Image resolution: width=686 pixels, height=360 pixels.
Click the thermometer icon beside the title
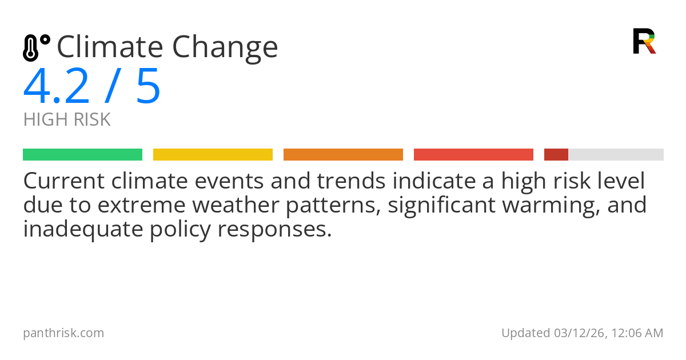coord(36,48)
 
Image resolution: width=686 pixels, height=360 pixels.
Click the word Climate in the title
coord(110,47)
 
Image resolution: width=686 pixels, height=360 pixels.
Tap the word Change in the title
coord(225,49)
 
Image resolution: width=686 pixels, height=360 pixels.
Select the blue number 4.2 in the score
coord(57,86)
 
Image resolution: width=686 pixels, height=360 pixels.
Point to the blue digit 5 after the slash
coord(148,86)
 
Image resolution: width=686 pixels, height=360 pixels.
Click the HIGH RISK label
coord(67,119)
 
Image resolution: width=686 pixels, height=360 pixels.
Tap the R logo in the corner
coord(644,41)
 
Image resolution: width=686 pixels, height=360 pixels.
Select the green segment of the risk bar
coord(83,155)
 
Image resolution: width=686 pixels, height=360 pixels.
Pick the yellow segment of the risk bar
coord(213,155)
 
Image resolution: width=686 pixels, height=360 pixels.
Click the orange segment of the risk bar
coord(344,155)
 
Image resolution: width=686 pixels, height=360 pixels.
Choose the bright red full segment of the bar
coord(473,155)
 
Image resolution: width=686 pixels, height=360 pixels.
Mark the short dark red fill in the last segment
coord(556,155)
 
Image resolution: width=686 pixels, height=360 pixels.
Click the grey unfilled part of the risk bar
coord(616,155)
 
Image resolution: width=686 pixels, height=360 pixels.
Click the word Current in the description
coord(64,181)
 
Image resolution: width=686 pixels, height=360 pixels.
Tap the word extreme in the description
coord(142,205)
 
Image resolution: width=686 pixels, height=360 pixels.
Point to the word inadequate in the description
coord(83,229)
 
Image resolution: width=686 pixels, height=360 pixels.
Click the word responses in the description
coord(275,231)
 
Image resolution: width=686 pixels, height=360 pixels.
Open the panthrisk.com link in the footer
coord(63,333)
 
